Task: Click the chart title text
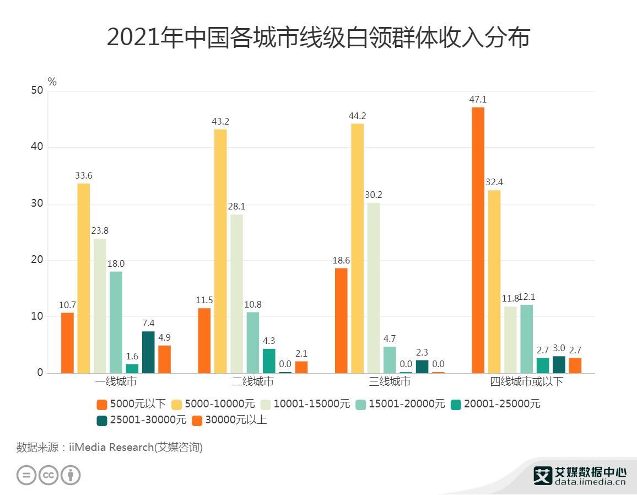pos(318,38)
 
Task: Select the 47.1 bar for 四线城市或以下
pos(478,240)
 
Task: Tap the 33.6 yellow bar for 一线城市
pos(83,278)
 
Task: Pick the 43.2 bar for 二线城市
pos(220,251)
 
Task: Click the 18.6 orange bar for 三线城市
pos(341,320)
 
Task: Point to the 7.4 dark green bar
pos(148,352)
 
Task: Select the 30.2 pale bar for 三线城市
pos(374,288)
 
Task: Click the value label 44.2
pos(357,116)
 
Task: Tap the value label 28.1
pos(236,207)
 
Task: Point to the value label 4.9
pos(164,337)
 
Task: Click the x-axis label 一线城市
pos(116,381)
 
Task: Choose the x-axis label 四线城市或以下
pos(526,381)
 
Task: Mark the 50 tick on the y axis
pos(36,90)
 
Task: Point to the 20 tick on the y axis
pos(36,260)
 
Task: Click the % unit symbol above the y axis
pos(52,82)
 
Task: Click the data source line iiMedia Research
pos(110,447)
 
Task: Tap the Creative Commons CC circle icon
pos(48,475)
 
